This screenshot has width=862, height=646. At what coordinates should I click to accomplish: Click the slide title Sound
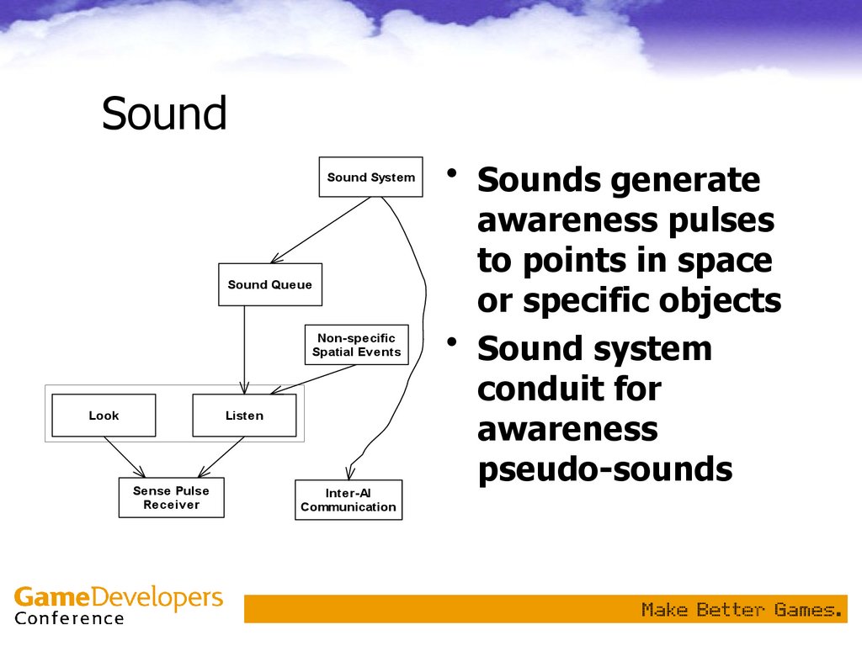click(164, 114)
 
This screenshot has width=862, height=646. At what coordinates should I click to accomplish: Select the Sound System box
click(370, 177)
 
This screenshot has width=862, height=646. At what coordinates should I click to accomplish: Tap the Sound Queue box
click(269, 285)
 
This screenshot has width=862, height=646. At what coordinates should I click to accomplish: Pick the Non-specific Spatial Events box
click(356, 345)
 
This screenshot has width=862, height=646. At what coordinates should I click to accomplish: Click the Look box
click(104, 416)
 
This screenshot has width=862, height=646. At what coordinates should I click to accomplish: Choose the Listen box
click(244, 416)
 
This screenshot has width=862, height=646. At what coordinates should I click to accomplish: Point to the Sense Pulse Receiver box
click(171, 498)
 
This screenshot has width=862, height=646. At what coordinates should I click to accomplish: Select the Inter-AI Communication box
click(349, 500)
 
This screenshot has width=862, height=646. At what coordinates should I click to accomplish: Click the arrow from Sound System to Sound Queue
click(320, 230)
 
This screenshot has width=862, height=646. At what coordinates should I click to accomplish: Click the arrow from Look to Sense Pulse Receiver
click(125, 458)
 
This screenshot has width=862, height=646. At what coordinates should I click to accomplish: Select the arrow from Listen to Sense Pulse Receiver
click(221, 458)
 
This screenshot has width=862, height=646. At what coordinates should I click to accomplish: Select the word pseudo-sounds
click(604, 469)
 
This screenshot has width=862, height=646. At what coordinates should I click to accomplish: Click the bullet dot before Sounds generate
click(453, 174)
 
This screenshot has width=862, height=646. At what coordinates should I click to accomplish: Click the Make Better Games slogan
click(742, 609)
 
